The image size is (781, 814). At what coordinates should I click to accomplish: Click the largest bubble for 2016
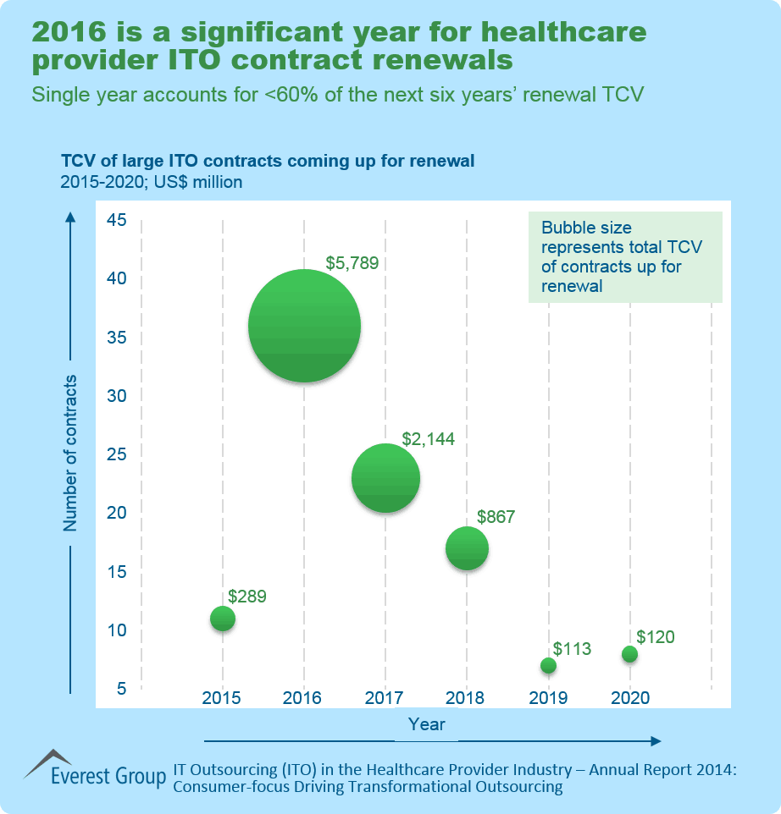(x=304, y=326)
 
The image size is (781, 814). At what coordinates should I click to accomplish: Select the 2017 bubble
(x=385, y=478)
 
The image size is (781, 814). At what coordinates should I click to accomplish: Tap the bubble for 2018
(x=467, y=548)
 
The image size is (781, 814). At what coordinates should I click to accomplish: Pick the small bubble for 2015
(x=222, y=619)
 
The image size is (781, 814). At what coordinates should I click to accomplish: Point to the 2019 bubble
(x=548, y=665)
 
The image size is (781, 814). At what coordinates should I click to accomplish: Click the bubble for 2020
(x=629, y=654)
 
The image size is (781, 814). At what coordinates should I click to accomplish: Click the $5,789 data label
(x=352, y=263)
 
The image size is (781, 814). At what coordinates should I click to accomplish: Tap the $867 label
(x=496, y=516)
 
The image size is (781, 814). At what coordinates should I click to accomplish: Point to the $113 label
(x=572, y=649)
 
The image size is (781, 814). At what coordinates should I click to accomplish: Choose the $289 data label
(x=247, y=597)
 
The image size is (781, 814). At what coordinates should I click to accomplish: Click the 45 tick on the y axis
(x=116, y=221)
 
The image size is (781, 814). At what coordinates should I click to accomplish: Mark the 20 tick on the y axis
(x=116, y=513)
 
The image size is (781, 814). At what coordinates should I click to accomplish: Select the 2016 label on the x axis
(x=302, y=698)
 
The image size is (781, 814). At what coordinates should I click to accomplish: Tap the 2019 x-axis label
(x=548, y=698)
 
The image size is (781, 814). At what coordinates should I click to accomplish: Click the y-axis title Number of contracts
(x=70, y=453)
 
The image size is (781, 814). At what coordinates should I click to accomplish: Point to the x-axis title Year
(x=426, y=724)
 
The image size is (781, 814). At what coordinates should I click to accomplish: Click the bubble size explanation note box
(x=625, y=257)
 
